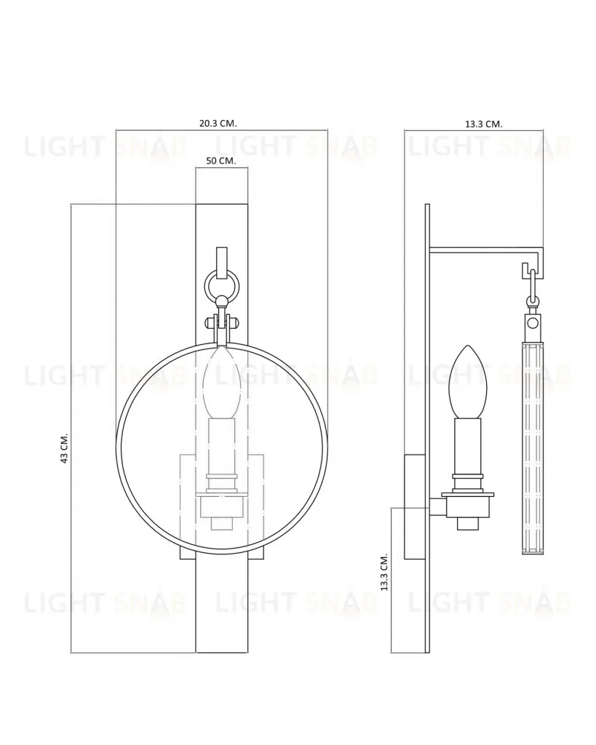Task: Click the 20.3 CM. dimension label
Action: [218, 123]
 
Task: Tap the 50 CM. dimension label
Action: [221, 161]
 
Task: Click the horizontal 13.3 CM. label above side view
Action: [483, 124]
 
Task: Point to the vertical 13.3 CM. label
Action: [384, 572]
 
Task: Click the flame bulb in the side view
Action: [469, 382]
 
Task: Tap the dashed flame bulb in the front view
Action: [222, 383]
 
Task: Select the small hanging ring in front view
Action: [222, 286]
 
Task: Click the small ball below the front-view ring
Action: [221, 301]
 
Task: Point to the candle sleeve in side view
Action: [469, 447]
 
